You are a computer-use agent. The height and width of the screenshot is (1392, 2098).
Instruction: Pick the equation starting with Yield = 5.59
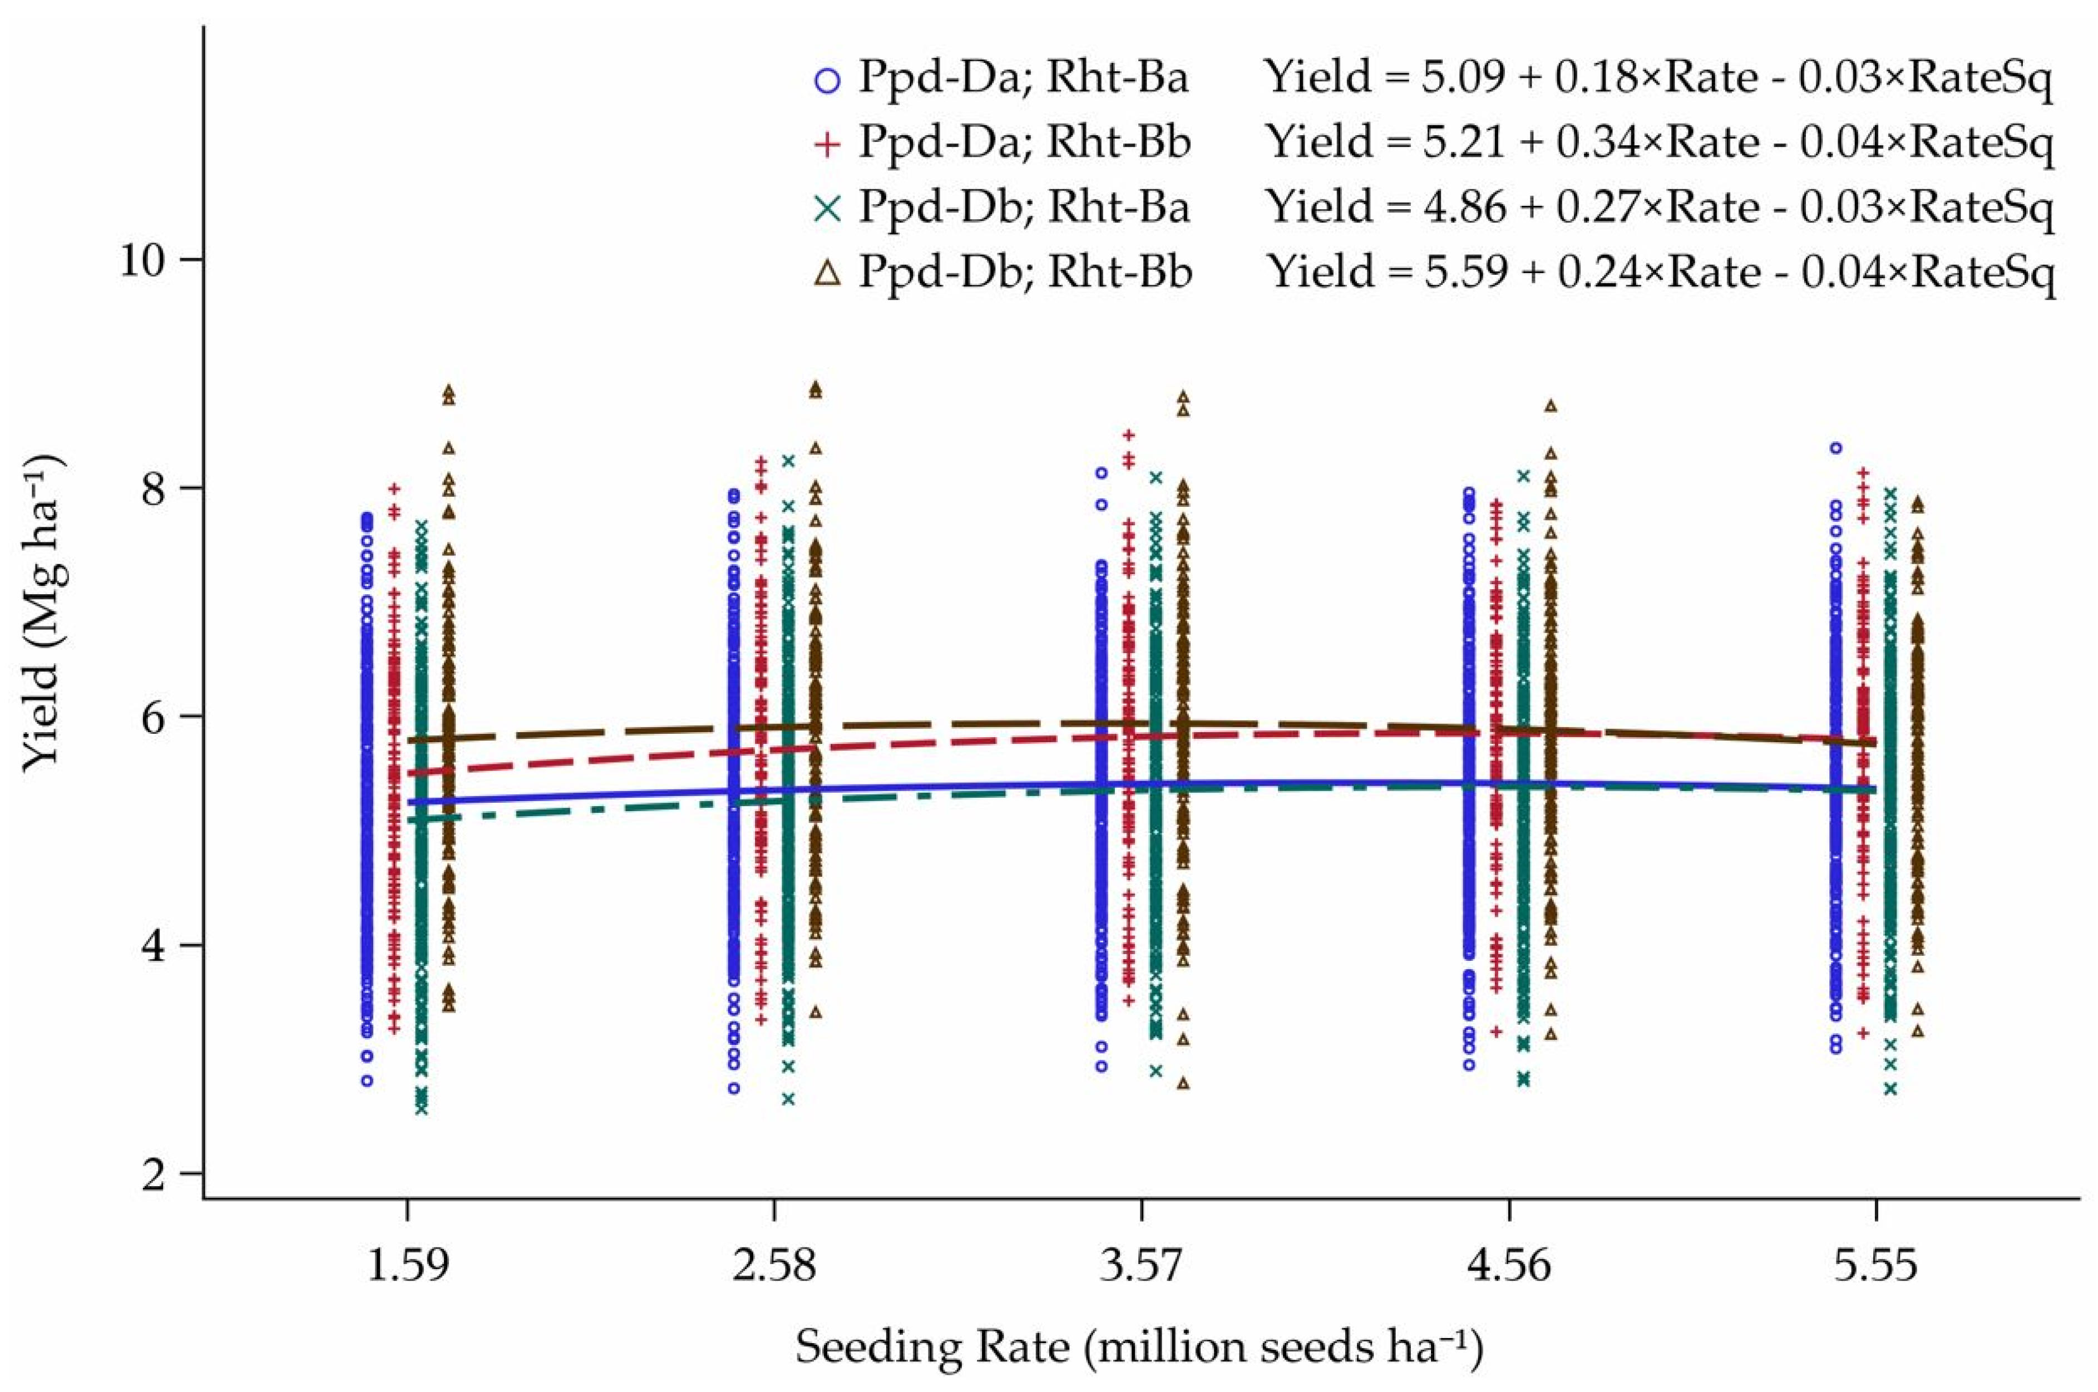(x=1660, y=272)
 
